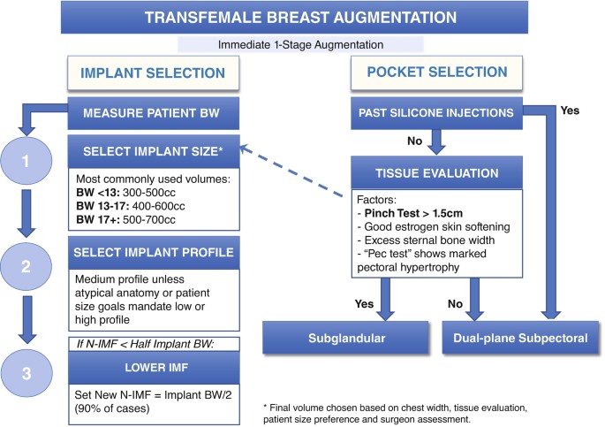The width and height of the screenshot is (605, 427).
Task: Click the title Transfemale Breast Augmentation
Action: click(302, 17)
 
